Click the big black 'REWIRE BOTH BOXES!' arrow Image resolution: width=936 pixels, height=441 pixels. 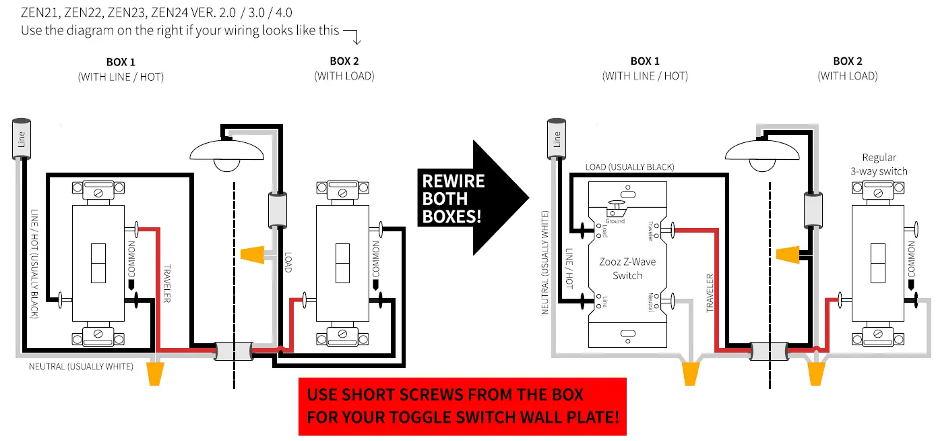(465, 198)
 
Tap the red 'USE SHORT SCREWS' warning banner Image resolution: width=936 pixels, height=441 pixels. (462, 406)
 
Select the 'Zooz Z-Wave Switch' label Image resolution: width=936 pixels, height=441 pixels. (627, 268)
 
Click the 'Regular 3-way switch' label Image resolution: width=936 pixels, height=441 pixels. (879, 164)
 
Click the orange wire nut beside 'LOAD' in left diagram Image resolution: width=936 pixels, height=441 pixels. (251, 255)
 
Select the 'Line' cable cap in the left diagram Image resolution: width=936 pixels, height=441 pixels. (22, 139)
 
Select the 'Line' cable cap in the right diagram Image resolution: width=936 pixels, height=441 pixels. (557, 139)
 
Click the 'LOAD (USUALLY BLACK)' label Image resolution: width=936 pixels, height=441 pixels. (629, 167)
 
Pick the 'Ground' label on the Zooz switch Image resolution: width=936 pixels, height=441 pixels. (615, 220)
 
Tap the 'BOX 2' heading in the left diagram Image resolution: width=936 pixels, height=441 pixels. (344, 61)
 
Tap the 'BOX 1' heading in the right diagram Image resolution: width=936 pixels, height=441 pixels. (645, 61)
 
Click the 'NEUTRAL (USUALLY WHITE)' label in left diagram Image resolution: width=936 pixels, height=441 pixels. (81, 366)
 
